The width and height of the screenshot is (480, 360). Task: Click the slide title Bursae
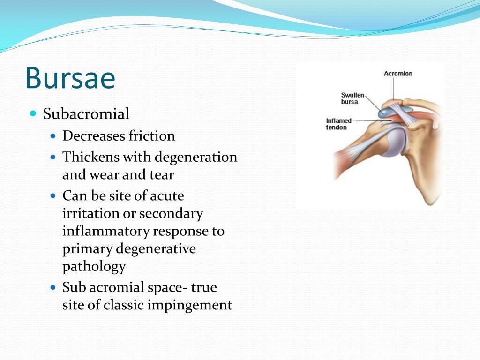pyautogui.click(x=70, y=78)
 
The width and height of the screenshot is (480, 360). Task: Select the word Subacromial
pyautogui.click(x=86, y=114)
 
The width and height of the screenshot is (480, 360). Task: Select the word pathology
pyautogui.click(x=94, y=267)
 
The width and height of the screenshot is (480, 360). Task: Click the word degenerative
pyautogui.click(x=156, y=248)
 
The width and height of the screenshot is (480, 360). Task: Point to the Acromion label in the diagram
pyautogui.click(x=398, y=74)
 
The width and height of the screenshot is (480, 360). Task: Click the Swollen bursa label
pyautogui.click(x=352, y=98)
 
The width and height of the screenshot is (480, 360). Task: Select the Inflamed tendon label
pyautogui.click(x=338, y=124)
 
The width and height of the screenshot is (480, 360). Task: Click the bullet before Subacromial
pyautogui.click(x=33, y=114)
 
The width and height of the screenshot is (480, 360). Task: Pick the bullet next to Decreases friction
pyautogui.click(x=53, y=136)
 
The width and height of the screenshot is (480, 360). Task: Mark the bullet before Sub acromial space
pyautogui.click(x=53, y=287)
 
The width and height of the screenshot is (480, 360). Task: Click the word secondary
pyautogui.click(x=171, y=213)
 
